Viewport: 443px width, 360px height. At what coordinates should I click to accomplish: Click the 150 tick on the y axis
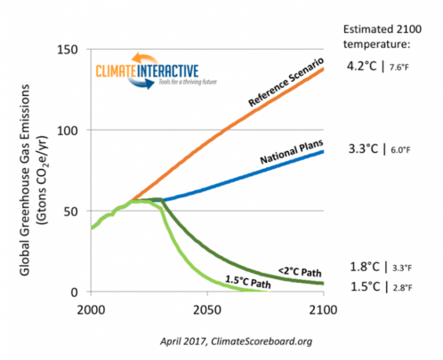pyautogui.click(x=75, y=49)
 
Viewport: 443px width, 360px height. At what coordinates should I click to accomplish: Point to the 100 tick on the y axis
pyautogui.click(x=75, y=130)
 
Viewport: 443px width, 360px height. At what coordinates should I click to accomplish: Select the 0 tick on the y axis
pyautogui.click(x=81, y=292)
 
